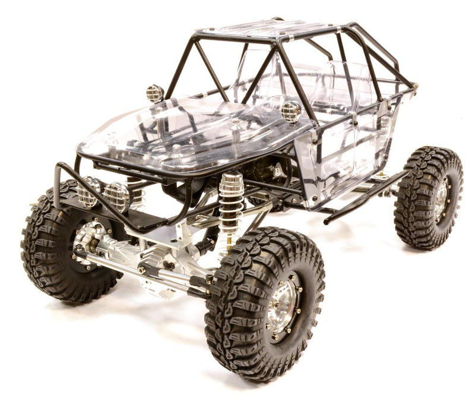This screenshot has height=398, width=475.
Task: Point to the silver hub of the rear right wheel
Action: [440, 199]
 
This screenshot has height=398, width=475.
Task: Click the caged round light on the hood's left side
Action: [155, 93]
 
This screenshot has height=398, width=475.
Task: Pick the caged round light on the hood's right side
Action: [291, 111]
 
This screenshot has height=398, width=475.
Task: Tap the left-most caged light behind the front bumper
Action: [89, 191]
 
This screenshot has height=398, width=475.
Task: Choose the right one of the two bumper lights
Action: [116, 197]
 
